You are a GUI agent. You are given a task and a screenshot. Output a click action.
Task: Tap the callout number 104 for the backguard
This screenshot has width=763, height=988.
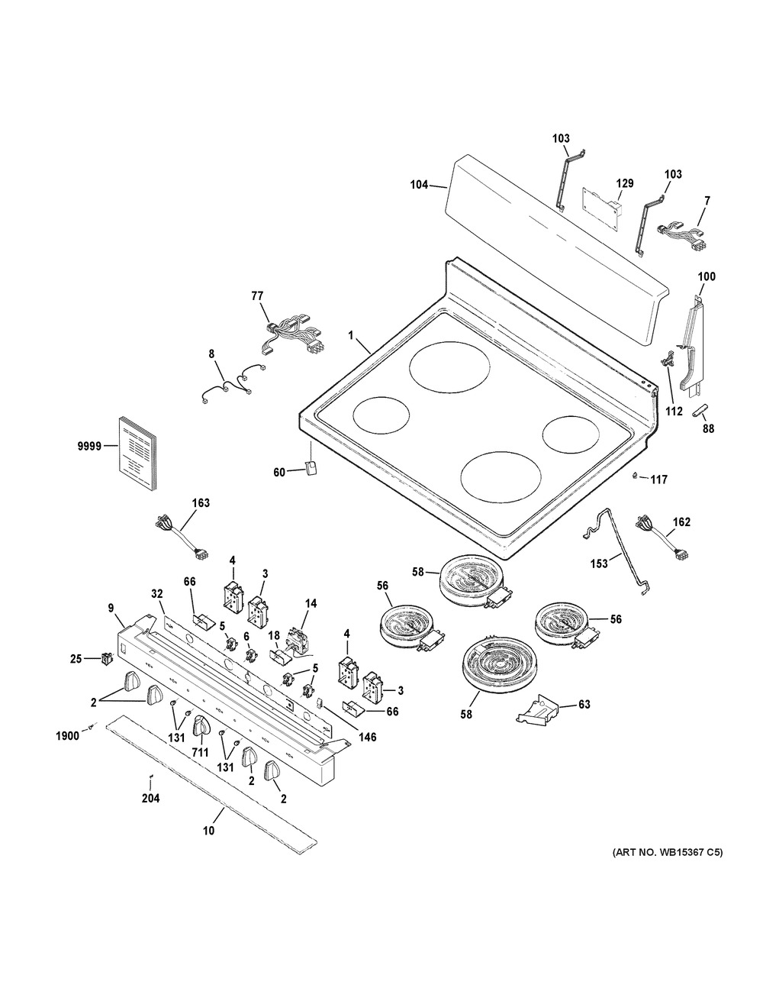pyautogui.click(x=417, y=185)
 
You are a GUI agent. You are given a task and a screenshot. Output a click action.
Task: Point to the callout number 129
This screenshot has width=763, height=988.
pyautogui.click(x=625, y=183)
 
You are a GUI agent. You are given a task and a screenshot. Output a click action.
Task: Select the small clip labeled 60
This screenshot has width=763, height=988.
pyautogui.click(x=309, y=470)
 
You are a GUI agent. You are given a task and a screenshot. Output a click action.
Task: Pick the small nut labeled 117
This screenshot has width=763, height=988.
pyautogui.click(x=634, y=477)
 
